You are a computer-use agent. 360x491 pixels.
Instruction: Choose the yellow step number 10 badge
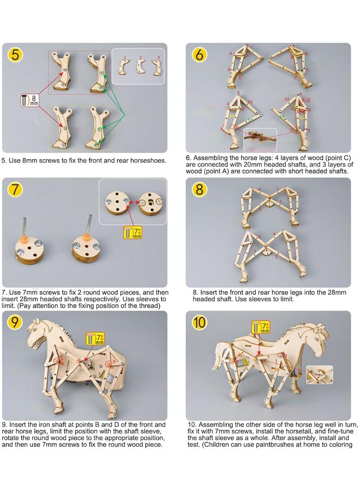[200, 323]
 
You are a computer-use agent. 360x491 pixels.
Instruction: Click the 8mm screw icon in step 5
[30, 100]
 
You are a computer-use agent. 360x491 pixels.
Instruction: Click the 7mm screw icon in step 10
[258, 327]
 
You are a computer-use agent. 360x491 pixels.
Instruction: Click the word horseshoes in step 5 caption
[144, 160]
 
